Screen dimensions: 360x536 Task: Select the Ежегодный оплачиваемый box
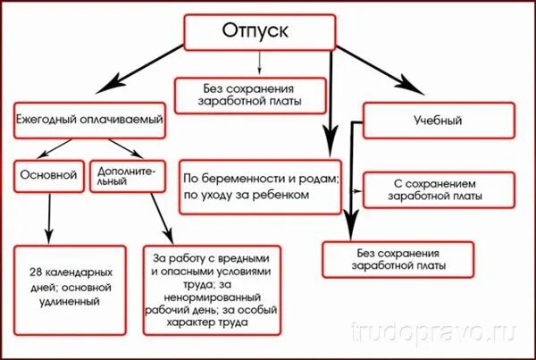(x=89, y=119)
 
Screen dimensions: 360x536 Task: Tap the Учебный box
(x=439, y=120)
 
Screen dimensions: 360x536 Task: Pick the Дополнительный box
(x=129, y=175)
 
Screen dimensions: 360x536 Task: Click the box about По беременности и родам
(x=260, y=185)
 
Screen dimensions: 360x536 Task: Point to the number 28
(x=35, y=270)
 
